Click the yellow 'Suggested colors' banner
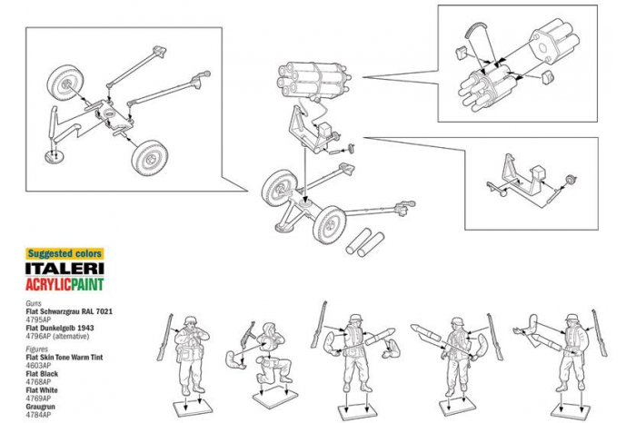tap(64, 253)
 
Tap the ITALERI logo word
tap(64, 269)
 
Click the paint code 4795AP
tap(38, 319)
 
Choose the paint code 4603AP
tap(38, 365)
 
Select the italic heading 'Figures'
tap(37, 349)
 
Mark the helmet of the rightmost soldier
tap(571, 321)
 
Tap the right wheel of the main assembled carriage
tap(328, 223)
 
